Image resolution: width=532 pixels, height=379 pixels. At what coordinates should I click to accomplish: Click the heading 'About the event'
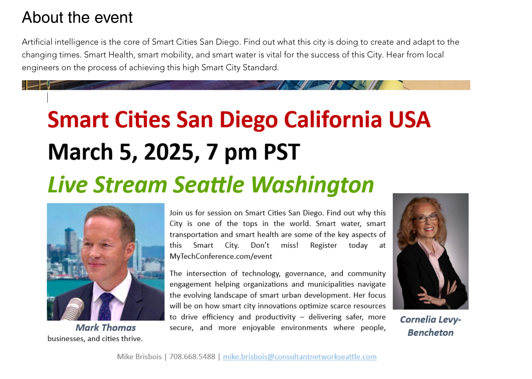tap(77, 17)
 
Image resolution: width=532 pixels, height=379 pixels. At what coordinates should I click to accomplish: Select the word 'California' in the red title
tap(333, 119)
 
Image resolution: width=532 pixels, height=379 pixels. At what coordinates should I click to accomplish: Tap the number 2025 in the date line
tap(169, 152)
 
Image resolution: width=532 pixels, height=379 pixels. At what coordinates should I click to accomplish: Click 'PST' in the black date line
tap(282, 152)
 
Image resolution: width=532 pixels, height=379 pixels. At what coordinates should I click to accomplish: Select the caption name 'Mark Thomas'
tap(106, 328)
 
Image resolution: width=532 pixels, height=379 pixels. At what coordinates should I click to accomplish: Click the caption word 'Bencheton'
tap(430, 333)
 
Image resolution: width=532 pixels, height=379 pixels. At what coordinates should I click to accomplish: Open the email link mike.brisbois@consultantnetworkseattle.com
tap(300, 357)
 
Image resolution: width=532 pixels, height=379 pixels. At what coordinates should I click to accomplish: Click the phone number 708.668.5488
tap(192, 357)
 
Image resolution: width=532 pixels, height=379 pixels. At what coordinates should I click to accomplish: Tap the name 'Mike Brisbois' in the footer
tap(139, 357)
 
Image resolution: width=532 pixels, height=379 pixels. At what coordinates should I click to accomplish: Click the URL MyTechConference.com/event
tap(221, 256)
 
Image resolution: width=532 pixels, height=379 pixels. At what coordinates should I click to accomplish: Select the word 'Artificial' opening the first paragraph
tap(37, 42)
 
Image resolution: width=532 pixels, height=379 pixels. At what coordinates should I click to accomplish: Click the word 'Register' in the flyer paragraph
tap(323, 245)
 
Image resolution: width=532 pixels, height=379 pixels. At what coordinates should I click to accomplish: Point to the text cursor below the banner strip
tap(48, 98)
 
